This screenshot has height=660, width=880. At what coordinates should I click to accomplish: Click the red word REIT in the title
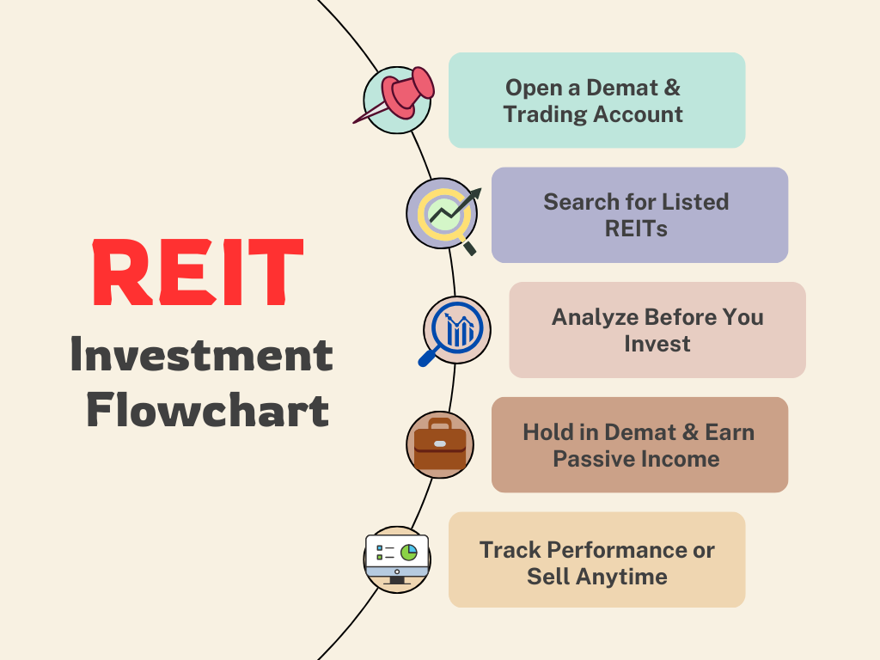(198, 273)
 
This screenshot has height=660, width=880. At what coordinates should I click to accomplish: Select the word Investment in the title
(201, 355)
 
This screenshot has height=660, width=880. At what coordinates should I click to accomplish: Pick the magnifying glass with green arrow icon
(443, 213)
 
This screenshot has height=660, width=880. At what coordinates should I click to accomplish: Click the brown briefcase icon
(440, 444)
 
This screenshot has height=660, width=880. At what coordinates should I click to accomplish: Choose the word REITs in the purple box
(636, 229)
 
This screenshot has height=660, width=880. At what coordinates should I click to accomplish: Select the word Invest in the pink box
(657, 344)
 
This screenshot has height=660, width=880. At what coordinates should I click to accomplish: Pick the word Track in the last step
(510, 550)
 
